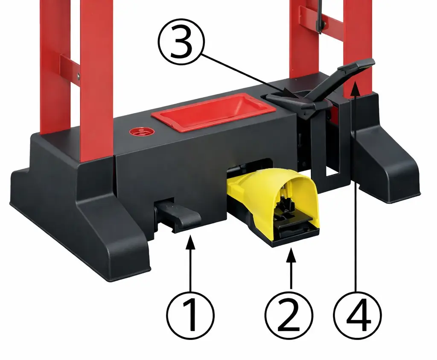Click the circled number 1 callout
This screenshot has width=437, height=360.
[191, 315]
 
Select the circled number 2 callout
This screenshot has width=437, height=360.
[289, 315]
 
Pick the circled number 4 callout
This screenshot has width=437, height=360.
[358, 315]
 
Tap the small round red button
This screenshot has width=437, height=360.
[143, 131]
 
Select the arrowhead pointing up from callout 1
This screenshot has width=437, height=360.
[191, 241]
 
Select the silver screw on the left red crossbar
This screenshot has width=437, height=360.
[79, 75]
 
